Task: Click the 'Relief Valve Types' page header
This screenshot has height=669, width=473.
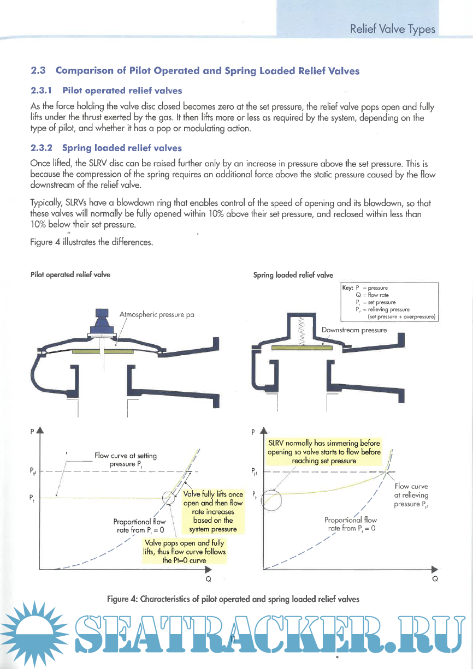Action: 393,29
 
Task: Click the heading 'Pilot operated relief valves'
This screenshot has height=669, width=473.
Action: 122,90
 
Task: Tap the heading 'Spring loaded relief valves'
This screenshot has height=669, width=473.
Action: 122,148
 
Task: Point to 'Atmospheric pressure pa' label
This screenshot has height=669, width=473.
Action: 157,315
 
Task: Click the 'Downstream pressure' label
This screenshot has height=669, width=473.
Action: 354,330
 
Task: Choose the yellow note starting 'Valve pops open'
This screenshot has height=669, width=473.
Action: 184,552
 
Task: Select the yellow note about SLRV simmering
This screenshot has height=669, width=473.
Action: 324,452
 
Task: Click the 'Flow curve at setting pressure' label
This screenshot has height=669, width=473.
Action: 126,459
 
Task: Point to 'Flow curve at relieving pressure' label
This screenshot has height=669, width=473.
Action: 411,495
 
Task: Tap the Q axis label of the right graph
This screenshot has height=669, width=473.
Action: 435,579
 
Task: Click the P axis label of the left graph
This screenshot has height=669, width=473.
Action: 33,431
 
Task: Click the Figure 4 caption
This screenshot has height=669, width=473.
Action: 233,599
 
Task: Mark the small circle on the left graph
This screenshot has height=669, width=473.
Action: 170,497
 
